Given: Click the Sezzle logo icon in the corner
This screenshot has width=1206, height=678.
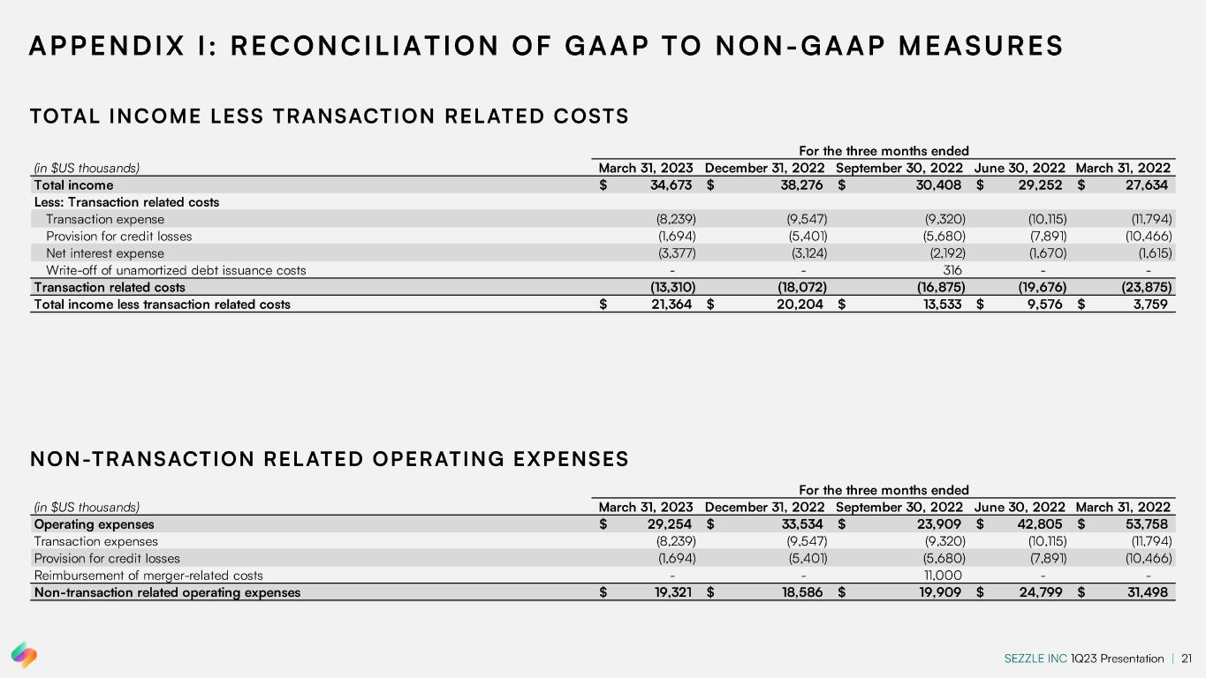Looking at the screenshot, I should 24,655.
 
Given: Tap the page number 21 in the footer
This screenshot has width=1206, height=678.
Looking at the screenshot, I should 1187,659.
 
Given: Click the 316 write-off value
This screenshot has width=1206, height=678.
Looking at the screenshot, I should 952,270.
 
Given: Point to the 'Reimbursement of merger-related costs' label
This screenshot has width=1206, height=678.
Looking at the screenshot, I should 148,575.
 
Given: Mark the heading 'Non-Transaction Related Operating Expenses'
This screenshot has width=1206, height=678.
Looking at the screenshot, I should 329,459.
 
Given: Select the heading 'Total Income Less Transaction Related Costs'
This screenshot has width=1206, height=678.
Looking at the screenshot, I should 329,116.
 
